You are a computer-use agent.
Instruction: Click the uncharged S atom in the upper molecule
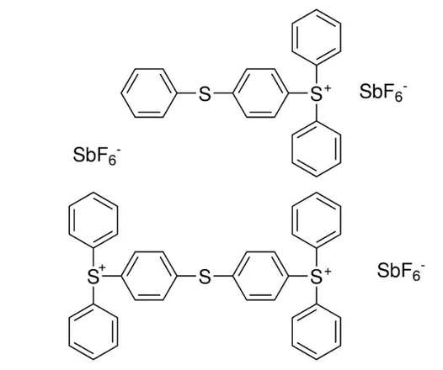point(205,94)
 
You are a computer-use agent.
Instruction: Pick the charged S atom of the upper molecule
point(317,94)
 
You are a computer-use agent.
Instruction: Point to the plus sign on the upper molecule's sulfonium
point(327,89)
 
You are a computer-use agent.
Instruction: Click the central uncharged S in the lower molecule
point(205,277)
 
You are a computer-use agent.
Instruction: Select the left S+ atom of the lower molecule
point(93,277)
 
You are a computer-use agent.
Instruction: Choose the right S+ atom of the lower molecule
point(317,277)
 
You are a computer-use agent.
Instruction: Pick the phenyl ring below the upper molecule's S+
point(292,150)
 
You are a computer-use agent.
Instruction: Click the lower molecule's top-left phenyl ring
point(69,220)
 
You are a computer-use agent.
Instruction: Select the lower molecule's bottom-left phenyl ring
point(69,333)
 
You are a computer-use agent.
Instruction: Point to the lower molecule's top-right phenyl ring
point(292,220)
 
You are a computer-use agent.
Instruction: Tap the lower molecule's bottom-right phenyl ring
point(292,333)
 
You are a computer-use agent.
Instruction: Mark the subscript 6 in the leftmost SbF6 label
point(113,160)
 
